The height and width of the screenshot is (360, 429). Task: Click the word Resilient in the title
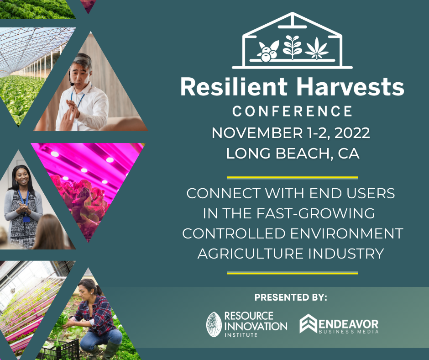234,87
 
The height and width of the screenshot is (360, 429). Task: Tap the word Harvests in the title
350,87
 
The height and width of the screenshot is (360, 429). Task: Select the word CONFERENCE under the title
293,111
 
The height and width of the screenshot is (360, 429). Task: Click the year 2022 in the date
352,133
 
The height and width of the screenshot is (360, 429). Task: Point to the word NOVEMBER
257,133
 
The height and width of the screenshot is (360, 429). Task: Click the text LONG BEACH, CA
293,153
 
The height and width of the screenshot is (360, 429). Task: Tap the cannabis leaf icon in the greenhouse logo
317,48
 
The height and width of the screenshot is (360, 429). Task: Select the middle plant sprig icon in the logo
292,47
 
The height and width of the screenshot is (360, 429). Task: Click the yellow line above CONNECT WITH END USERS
293,178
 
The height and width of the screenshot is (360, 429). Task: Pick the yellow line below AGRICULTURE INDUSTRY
293,273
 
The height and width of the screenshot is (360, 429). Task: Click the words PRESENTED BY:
291,297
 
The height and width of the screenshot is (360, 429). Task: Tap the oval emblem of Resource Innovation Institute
214,324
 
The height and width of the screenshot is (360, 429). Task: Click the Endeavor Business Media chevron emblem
309,323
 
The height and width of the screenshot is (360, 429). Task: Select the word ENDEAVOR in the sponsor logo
349,324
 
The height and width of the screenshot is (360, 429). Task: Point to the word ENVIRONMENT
347,234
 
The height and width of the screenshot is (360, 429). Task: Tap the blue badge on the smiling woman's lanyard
26,219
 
